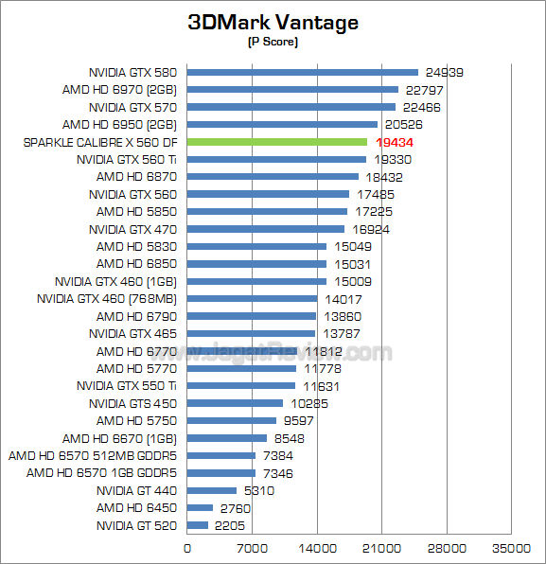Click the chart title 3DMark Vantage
click(273, 23)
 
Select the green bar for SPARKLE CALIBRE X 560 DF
click(277, 142)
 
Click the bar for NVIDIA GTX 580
click(303, 72)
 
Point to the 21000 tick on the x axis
click(381, 548)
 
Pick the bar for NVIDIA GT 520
click(198, 525)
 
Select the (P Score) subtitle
click(273, 42)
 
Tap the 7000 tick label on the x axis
click(252, 548)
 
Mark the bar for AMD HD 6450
click(200, 508)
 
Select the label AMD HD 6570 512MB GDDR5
click(94, 455)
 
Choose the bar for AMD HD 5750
click(232, 420)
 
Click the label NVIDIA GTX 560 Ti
click(127, 159)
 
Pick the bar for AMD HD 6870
click(273, 176)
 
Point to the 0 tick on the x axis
click(187, 548)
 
